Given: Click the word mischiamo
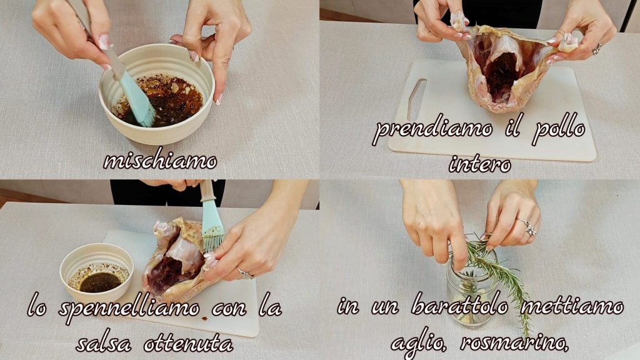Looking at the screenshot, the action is pos(160,161).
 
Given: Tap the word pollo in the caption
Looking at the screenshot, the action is pos(559,130).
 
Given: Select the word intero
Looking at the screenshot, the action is pos(480,164).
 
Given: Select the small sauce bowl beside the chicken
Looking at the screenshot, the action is pos(97,272).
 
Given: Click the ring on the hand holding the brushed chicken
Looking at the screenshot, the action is pos(245,274).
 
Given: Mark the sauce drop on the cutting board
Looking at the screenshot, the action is pos(204,318).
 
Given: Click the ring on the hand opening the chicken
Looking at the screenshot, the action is pos(596,49).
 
